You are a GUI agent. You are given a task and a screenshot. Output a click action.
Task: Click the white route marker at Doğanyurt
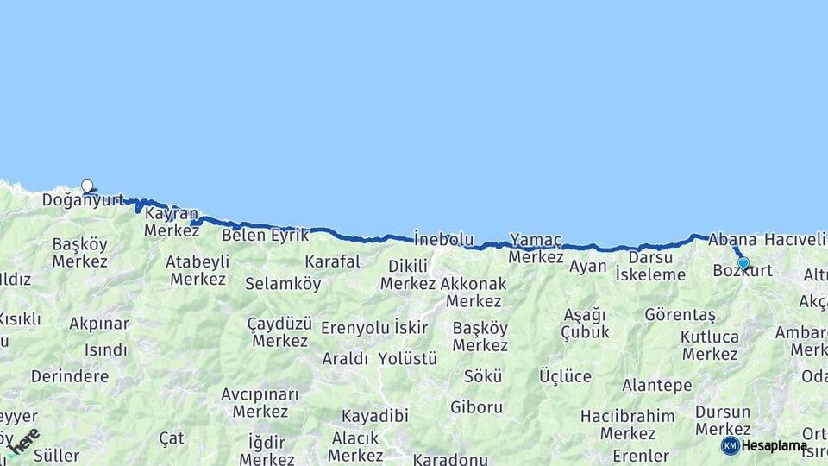click(87, 186)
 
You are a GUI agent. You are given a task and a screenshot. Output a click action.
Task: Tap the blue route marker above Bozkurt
click(743, 263)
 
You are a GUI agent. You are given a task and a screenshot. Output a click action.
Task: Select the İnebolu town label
click(443, 238)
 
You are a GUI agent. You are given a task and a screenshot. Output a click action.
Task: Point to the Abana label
click(732, 239)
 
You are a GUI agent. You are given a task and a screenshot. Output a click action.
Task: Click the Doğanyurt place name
click(83, 200)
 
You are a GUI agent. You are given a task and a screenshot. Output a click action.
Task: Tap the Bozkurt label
click(743, 272)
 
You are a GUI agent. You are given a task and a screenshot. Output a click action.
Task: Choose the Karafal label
click(332, 261)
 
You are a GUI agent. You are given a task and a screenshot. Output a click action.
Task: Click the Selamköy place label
click(283, 283)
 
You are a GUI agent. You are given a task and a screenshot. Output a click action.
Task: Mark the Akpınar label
click(99, 324)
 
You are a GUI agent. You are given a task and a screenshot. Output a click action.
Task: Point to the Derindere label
click(70, 376)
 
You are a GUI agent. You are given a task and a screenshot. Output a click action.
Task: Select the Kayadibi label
click(374, 416)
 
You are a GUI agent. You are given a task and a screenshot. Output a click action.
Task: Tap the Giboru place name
click(476, 406)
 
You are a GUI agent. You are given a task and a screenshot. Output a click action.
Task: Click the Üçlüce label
click(565, 377)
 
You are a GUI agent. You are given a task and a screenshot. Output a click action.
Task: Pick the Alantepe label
click(656, 385)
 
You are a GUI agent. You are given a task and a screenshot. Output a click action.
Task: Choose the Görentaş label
click(680, 315)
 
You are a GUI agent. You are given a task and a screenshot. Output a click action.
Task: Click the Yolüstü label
click(407, 358)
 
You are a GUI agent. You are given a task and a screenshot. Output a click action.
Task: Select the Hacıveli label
click(794, 239)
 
